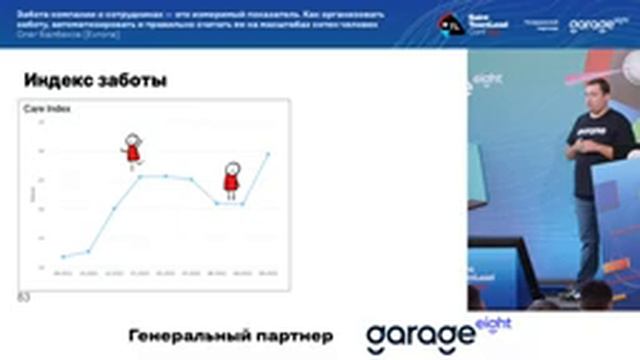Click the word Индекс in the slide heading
click(52, 80)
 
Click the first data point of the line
click(63, 257)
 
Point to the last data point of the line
click(268, 154)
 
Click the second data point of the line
click(88, 251)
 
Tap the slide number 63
click(24, 297)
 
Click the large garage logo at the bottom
click(420, 337)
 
